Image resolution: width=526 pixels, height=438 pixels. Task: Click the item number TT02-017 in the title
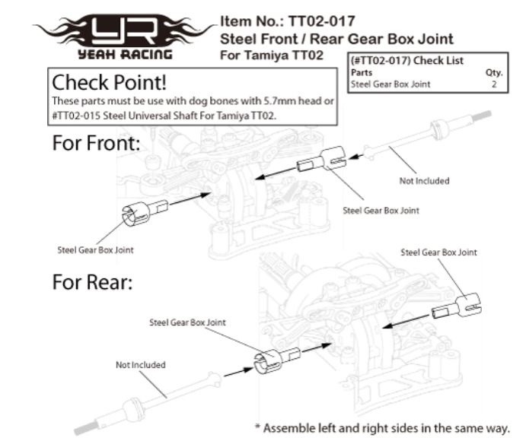coord(322,21)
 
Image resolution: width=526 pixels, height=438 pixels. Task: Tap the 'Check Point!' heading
coord(110,82)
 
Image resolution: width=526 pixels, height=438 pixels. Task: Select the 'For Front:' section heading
coord(96,143)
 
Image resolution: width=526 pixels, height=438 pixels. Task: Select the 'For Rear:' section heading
coord(93,282)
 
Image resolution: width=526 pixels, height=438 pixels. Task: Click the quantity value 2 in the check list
coord(494,84)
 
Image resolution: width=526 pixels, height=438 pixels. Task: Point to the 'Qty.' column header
coord(494,72)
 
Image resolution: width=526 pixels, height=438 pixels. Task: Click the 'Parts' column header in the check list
coord(362,72)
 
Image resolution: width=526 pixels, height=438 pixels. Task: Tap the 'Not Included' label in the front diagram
coord(424,181)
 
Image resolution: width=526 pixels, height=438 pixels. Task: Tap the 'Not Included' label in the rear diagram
coord(141,364)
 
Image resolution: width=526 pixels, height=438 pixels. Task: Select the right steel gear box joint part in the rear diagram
coord(457,306)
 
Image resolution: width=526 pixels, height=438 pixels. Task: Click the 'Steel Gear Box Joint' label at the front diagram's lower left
coord(96,250)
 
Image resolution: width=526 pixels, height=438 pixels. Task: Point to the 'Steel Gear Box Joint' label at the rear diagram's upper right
coord(438,252)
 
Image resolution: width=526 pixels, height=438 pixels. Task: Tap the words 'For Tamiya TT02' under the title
coord(272,55)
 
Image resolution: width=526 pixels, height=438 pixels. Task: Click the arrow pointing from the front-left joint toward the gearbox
coord(190,198)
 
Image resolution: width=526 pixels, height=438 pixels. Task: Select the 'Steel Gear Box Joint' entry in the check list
coord(391,84)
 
